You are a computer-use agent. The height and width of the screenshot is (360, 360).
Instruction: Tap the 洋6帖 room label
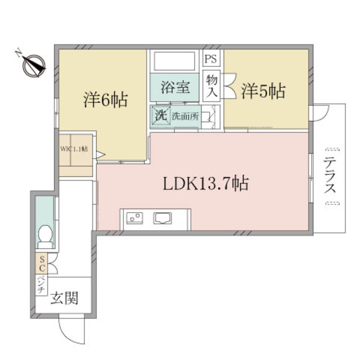(x=106, y=101)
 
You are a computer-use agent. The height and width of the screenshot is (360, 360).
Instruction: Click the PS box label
(x=211, y=58)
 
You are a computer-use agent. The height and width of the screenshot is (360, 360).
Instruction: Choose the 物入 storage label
(x=211, y=87)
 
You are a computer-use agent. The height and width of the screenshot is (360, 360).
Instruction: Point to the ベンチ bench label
(x=42, y=283)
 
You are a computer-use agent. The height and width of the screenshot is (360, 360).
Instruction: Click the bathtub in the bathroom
(x=174, y=61)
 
